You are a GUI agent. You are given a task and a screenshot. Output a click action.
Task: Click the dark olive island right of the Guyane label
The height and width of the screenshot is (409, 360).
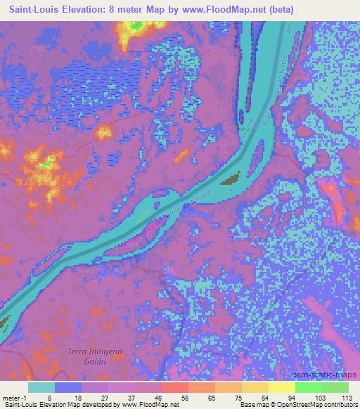231,181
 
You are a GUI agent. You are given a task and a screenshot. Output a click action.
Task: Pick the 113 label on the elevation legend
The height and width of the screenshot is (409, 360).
344,397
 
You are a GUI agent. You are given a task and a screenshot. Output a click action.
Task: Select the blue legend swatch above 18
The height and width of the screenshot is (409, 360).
68,387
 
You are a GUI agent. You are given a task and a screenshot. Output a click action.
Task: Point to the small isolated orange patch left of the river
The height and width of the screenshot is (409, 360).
105,131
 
